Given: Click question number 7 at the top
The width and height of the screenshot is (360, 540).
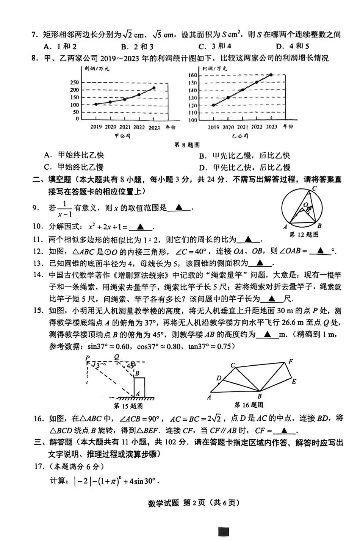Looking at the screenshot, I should pos(34,35).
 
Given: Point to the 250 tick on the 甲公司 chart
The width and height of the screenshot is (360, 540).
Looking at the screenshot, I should pos(75,82).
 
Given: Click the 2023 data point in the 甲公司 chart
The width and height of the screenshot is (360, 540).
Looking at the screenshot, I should pos(154,88).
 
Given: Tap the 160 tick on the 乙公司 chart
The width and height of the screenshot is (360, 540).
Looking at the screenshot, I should pos(193,75).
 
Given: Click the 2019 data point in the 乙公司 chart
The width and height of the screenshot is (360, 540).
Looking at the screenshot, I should pos(213,105).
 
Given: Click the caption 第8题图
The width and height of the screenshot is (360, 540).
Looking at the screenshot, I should pos(186,145).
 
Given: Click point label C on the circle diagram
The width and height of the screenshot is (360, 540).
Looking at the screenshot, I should pos(314,188).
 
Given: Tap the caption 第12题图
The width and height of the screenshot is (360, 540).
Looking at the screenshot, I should pos(304,235).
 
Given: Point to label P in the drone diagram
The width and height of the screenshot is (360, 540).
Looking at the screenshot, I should pos(88,358).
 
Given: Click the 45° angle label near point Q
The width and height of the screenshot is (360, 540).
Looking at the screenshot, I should pos(130,366).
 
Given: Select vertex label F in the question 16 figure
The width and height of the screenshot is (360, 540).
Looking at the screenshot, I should pos(291,361).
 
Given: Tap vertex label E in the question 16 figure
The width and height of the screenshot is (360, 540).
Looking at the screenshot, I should pos(293,382).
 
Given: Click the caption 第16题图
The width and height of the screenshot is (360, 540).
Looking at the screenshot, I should pos(249,405).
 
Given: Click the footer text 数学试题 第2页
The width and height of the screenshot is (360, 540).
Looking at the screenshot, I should pos(176,503).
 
